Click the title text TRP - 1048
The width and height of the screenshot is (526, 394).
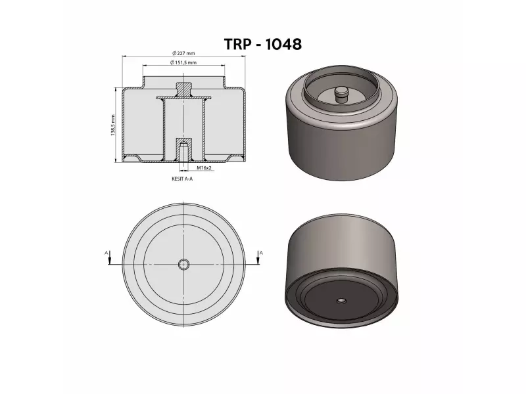click(262, 44)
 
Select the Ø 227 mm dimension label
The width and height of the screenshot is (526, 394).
click(184, 53)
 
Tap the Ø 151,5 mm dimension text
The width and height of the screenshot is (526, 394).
click(184, 62)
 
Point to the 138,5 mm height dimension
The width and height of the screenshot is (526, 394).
click(113, 125)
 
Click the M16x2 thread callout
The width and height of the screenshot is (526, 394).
click(203, 169)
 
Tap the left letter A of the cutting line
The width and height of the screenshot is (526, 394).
click(106, 252)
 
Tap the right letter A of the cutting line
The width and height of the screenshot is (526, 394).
click(261, 252)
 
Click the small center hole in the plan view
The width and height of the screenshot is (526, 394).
click(184, 264)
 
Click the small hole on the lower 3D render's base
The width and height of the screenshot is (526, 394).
click(341, 300)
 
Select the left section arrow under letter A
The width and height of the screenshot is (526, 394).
click(108, 260)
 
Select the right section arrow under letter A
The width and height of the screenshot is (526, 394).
click(258, 260)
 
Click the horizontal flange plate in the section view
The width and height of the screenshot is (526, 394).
click(184, 98)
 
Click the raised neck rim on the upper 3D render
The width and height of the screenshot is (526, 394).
click(341, 74)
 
